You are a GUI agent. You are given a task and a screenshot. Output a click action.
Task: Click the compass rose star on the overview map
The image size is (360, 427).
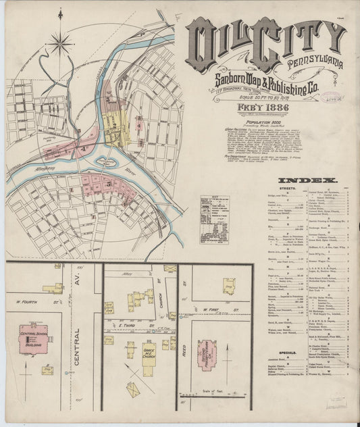click(x=61, y=45)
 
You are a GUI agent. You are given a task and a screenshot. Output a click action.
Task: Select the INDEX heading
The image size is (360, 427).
click(x=311, y=180)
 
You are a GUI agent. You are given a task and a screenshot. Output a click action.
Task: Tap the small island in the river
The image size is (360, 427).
click(x=103, y=163)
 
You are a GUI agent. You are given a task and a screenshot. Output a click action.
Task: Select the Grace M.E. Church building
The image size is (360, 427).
click(x=149, y=355)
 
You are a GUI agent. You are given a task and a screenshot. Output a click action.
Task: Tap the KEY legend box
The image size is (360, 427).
click(x=215, y=220)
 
